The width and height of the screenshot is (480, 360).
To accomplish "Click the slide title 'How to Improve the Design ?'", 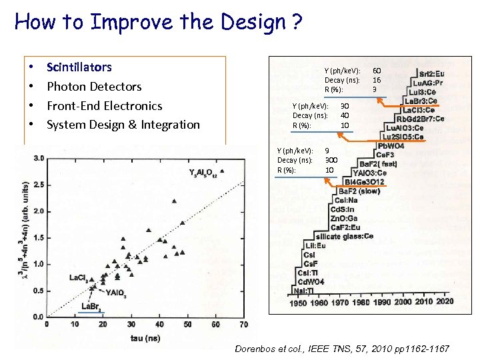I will [159, 23].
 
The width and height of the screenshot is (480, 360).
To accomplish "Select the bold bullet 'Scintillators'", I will [79, 67].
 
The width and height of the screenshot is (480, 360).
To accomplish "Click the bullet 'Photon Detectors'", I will [94, 87].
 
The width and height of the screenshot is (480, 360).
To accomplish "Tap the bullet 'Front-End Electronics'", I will [104, 106].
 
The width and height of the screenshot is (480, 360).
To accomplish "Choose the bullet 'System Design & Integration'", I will [123, 125].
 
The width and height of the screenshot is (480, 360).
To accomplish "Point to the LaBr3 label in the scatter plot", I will [91, 307].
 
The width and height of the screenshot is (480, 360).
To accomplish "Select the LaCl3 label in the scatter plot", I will [79, 278].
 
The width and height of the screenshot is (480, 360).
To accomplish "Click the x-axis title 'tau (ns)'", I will [145, 339].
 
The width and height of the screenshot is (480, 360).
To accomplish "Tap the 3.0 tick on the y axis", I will [39, 158].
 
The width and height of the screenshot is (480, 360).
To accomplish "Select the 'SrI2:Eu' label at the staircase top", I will [432, 73].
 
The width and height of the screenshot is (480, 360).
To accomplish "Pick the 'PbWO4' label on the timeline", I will [391, 146].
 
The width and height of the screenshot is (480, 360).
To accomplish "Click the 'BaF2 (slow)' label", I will [363, 191].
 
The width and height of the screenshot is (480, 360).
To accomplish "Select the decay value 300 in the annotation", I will [331, 160].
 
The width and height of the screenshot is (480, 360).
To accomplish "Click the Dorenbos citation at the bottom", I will [342, 349].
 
